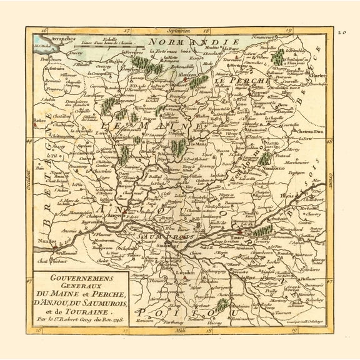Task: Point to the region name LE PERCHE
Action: (x=249, y=81)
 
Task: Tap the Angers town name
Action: (x=114, y=216)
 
